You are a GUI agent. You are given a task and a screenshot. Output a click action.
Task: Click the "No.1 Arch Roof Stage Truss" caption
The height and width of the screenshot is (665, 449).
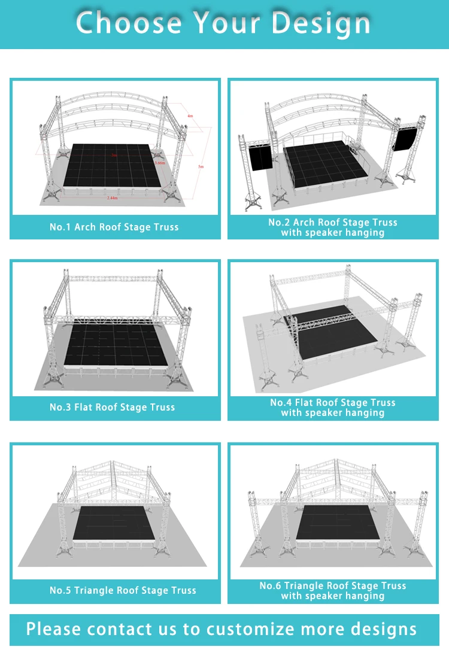tap(114, 227)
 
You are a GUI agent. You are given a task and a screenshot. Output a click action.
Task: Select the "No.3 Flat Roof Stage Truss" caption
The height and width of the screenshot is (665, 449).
tap(113, 408)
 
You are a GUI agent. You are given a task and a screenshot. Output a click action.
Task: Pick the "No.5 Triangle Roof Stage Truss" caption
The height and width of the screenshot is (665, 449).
tap(123, 591)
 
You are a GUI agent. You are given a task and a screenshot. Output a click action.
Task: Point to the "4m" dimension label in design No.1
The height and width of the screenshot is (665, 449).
tap(190, 116)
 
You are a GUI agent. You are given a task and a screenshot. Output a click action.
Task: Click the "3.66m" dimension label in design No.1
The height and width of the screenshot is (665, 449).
tap(160, 163)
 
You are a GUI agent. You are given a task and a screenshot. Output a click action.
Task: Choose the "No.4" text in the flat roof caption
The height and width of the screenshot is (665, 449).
tap(280, 403)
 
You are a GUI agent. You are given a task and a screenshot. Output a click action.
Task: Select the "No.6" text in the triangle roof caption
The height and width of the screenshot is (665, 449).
tap(270, 586)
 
